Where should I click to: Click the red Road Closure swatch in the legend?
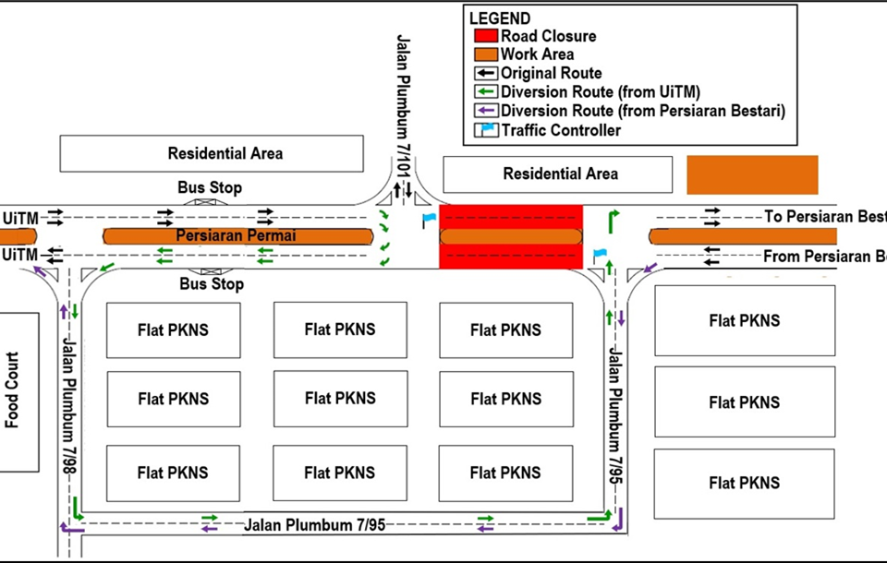pyautogui.click(x=486, y=36)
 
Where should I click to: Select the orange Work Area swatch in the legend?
pyautogui.click(x=486, y=54)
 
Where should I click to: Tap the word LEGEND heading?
pyautogui.click(x=500, y=18)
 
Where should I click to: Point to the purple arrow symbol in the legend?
pyautogui.click(x=486, y=111)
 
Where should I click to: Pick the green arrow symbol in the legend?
pyautogui.click(x=486, y=91)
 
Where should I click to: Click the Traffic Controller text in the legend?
pyautogui.click(x=561, y=130)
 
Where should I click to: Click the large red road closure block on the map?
pyautogui.click(x=511, y=237)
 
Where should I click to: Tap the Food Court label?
pyautogui.click(x=13, y=390)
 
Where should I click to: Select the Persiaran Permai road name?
pyautogui.click(x=225, y=235)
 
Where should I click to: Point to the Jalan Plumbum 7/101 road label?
pyautogui.click(x=403, y=106)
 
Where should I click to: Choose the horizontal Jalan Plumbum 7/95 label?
pyautogui.click(x=314, y=525)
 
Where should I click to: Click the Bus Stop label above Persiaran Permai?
pyautogui.click(x=210, y=188)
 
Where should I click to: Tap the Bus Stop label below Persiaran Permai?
pyautogui.click(x=212, y=284)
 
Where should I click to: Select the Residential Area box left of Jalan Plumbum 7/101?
pyautogui.click(x=212, y=153)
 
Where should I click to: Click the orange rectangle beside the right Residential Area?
pyautogui.click(x=752, y=174)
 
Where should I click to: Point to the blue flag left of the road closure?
pyautogui.click(x=428, y=220)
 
